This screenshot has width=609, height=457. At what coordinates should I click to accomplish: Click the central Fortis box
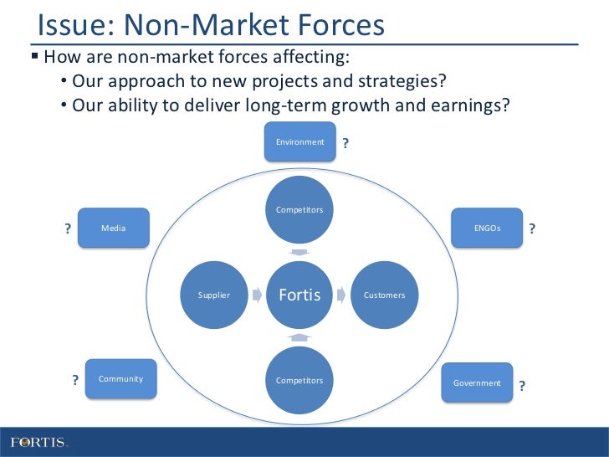[299, 295]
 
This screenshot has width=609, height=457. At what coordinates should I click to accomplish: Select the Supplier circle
[214, 295]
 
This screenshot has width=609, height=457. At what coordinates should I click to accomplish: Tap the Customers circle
[385, 295]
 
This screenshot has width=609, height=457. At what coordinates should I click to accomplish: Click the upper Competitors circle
[299, 209]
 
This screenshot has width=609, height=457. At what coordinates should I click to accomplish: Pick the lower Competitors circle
[299, 381]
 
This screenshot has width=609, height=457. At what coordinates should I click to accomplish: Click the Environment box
[300, 142]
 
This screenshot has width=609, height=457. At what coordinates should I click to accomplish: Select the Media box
[114, 228]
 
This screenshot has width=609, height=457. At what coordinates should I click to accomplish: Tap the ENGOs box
[488, 228]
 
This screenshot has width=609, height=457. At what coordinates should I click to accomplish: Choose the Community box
[121, 379]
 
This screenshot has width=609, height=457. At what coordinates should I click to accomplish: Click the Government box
[478, 383]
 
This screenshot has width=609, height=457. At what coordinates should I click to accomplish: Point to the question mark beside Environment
[346, 144]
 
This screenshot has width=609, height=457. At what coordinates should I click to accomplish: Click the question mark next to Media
[68, 229]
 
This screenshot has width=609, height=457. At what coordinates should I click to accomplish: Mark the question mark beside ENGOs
[532, 228]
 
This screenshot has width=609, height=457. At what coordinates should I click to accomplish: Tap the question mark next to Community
[75, 381]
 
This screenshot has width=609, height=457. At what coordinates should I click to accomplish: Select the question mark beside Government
[522, 386]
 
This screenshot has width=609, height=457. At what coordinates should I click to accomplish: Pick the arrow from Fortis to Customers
[341, 295]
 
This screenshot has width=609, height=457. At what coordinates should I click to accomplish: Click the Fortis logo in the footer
[38, 441]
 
